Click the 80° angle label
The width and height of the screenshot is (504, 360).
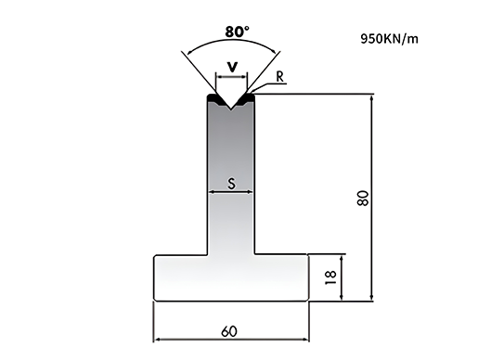[238, 32]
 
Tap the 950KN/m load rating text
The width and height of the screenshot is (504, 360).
[389, 39]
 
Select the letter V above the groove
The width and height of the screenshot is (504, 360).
[232, 67]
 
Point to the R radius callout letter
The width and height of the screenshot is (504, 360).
[280, 77]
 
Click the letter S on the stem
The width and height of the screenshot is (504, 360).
[231, 184]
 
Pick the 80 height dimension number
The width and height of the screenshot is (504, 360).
[363, 198]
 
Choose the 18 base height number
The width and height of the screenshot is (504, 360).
[331, 277]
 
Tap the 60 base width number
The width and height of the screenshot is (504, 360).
[229, 331]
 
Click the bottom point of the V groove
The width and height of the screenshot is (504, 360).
[231, 109]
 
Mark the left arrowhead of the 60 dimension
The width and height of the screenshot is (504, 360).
[156, 339]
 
